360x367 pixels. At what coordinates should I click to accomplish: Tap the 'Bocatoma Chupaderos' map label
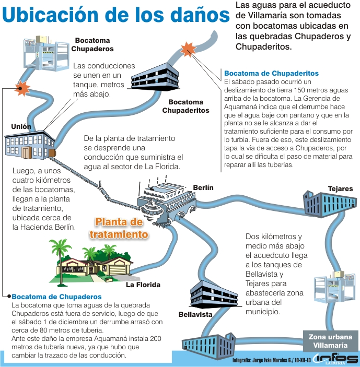(x=92, y=44)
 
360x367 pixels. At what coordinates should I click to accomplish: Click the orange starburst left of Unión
(x=21, y=87)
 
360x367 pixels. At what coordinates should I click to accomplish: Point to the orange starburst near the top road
(x=187, y=49)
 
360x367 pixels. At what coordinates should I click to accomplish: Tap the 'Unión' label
(x=21, y=126)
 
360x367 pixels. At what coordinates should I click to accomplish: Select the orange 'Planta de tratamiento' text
(x=119, y=228)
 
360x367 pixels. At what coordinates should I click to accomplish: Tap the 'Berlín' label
(x=203, y=188)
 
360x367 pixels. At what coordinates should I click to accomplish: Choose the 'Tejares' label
(x=340, y=188)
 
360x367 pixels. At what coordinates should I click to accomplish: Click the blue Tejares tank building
(x=322, y=203)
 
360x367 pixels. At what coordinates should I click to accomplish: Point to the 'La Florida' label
(x=143, y=285)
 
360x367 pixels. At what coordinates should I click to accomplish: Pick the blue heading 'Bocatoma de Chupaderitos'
(x=271, y=73)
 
